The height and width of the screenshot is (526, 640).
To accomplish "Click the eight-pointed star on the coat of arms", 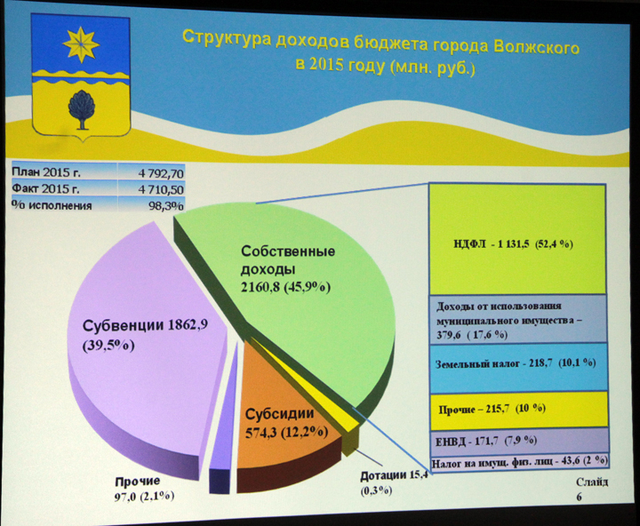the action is point(81,44).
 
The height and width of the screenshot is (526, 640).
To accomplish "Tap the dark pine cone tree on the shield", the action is point(82,109).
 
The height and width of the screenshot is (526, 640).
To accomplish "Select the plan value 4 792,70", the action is point(161,173).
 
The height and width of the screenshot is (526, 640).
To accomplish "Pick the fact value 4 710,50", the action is point(161,189).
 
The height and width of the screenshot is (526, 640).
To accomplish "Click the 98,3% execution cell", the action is point(165,205).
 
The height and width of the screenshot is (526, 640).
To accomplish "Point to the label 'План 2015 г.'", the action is point(45,172).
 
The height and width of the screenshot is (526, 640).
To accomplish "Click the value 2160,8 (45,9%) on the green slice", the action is point(285,287).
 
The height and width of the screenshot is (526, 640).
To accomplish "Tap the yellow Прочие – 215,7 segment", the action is point(519,410).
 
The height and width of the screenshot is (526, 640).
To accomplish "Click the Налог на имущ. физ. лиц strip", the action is point(520,462).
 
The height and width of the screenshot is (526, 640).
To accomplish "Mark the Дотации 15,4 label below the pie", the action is point(394,482).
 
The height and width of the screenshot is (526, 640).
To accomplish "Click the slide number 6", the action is point(580,497).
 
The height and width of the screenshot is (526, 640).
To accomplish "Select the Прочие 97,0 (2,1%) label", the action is point(145,489).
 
